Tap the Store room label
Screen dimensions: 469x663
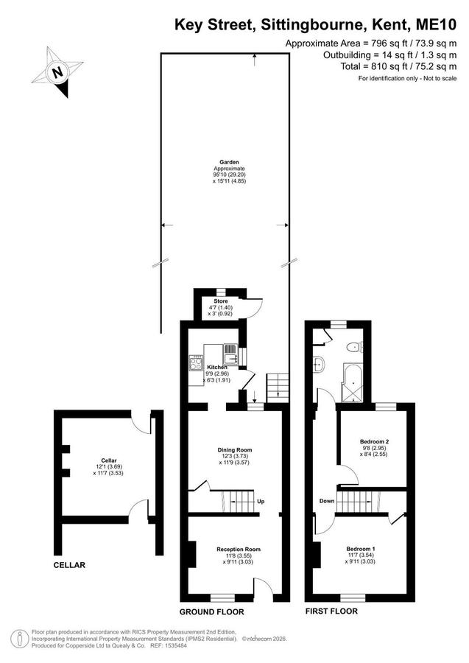click(221, 301)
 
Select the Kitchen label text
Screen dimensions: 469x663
click(217, 367)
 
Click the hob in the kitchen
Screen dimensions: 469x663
click(196, 362)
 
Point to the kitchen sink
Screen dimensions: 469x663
click(230, 354)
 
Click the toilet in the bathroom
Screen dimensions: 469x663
click(354, 348)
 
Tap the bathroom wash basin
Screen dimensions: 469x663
click(319, 364)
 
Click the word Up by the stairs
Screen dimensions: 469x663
click(261, 502)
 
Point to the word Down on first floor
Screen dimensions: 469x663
click(327, 501)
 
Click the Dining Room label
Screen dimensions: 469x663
click(234, 450)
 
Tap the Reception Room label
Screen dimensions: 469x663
click(239, 550)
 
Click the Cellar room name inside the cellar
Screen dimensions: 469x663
click(108, 460)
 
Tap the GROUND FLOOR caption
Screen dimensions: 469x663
click(212, 612)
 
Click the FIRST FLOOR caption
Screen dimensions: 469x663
click(331, 611)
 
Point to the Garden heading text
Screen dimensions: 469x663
click(229, 162)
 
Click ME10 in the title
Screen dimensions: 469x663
click(437, 25)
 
